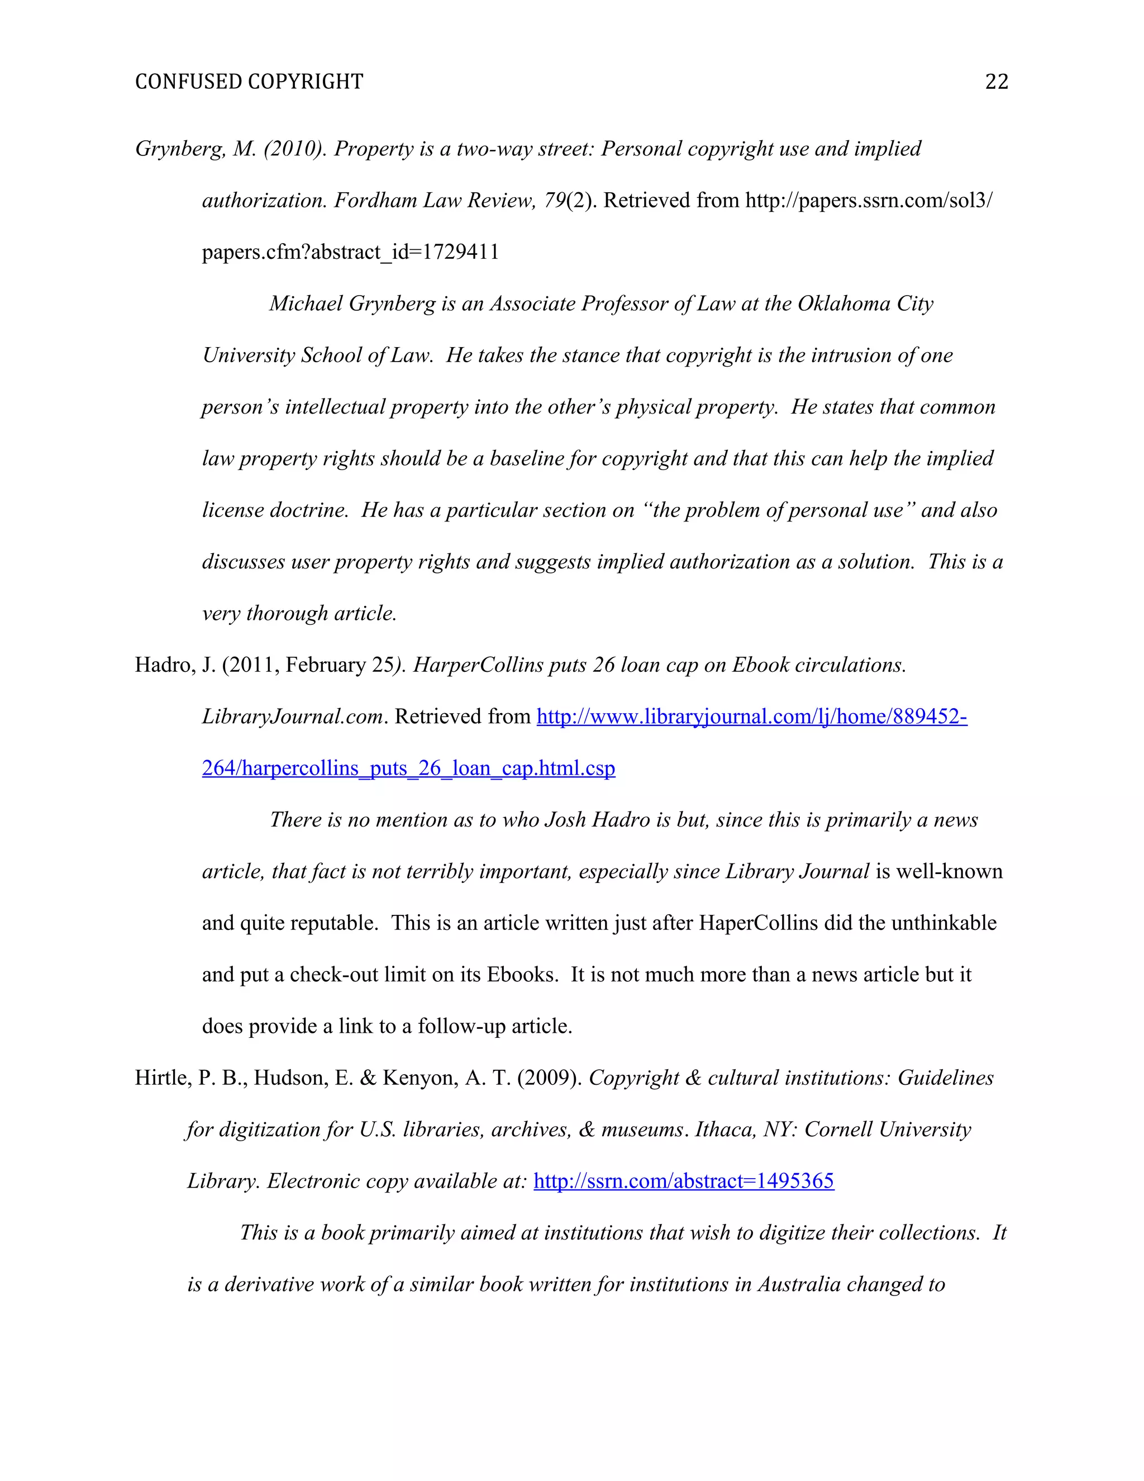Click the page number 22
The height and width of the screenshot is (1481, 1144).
point(997,82)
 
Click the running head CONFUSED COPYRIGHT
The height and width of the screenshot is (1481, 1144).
point(249,82)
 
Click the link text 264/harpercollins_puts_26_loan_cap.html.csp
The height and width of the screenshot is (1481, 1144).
point(409,768)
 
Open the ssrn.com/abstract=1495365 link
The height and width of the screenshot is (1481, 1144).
point(683,1181)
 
